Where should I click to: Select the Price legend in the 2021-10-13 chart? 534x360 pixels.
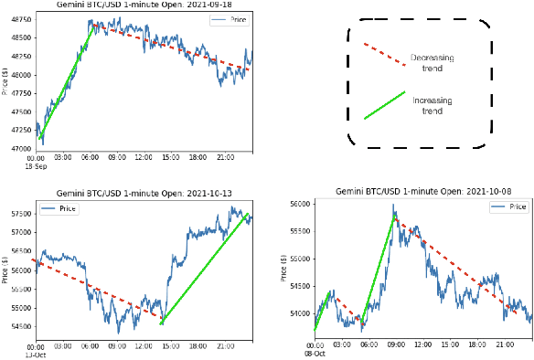pos(59,209)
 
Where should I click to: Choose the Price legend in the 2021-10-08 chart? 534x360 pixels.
pos(507,207)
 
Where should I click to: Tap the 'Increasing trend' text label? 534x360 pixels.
pos(433,104)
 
